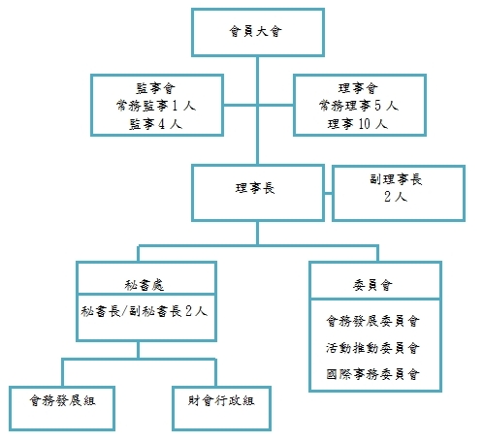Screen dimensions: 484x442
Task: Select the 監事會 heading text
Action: pyautogui.click(x=155, y=88)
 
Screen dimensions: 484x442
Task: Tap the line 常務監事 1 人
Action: pyautogui.click(x=156, y=106)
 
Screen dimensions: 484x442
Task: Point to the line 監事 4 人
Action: pyautogui.click(x=156, y=124)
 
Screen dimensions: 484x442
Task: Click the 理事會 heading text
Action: pyautogui.click(x=358, y=88)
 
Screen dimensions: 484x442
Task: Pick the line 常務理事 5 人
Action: pyautogui.click(x=359, y=106)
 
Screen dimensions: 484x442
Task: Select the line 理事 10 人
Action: pyautogui.click(x=358, y=124)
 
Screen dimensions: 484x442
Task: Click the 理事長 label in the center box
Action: pyautogui.click(x=255, y=188)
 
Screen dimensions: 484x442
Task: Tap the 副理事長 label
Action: pyautogui.click(x=396, y=179)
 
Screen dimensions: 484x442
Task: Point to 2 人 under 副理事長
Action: pyautogui.click(x=396, y=196)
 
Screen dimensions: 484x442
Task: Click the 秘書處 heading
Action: pyautogui.click(x=145, y=285)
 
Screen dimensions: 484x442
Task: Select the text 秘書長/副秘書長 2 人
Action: pyautogui.click(x=145, y=311)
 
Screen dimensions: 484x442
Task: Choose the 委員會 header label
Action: pyautogui.click(x=372, y=285)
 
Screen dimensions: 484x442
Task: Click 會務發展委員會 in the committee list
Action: pyautogui.click(x=372, y=321)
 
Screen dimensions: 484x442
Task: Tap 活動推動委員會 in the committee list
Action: pyautogui.click(x=372, y=348)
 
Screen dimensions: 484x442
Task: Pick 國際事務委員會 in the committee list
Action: pyautogui.click(x=372, y=374)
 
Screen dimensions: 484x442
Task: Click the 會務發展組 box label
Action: pyautogui.click(x=62, y=400)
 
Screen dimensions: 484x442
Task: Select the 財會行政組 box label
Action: pyautogui.click(x=221, y=400)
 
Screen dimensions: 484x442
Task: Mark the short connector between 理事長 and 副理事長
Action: pyautogui.click(x=328, y=194)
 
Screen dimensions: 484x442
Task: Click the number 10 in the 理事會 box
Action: pyautogui.click(x=364, y=124)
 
